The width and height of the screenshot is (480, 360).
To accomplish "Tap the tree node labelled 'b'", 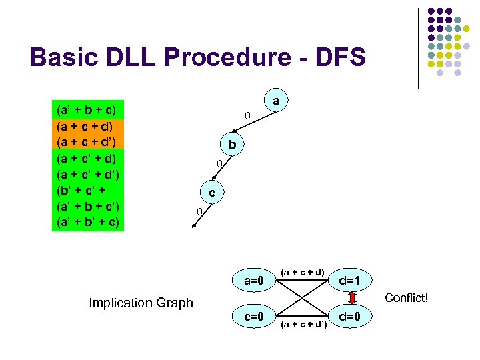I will pyautogui.click(x=231, y=145).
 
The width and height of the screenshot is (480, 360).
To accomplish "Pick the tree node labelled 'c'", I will pyautogui.click(x=211, y=193).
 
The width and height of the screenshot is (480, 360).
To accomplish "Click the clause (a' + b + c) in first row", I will pyautogui.click(x=87, y=109).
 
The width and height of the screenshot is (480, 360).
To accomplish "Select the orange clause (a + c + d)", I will pyautogui.click(x=87, y=125).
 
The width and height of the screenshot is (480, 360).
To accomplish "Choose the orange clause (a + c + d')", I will pyautogui.click(x=87, y=141).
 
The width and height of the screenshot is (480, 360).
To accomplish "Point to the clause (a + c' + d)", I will pyautogui.click(x=87, y=158).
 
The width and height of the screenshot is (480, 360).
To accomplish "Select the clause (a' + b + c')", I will pyautogui.click(x=87, y=206).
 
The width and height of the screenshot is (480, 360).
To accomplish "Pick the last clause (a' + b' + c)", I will pyautogui.click(x=87, y=222).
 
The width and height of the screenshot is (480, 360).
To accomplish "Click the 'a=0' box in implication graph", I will pyautogui.click(x=255, y=281).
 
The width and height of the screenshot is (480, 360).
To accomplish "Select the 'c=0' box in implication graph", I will pyautogui.click(x=255, y=315).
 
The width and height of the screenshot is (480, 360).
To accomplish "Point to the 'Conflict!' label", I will pyautogui.click(x=406, y=297).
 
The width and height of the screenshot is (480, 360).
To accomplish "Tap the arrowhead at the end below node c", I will pyautogui.click(x=194, y=227).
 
